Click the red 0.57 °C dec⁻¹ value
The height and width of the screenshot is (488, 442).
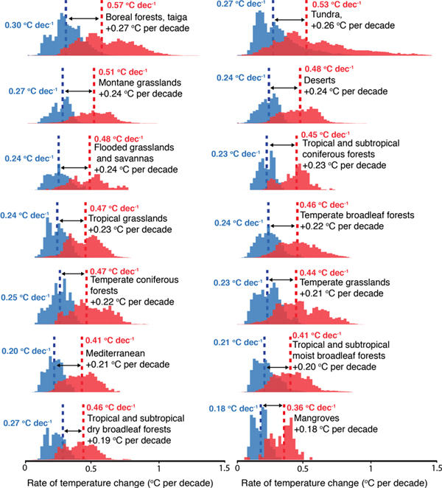coord(130,6)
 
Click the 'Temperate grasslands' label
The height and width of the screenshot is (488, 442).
coord(341,282)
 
